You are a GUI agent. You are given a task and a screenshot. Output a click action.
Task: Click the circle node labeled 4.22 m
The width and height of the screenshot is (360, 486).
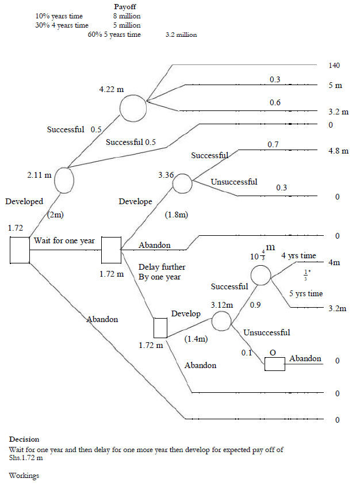[133, 108]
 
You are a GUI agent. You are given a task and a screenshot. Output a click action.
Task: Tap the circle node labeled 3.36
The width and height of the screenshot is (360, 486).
[182, 183]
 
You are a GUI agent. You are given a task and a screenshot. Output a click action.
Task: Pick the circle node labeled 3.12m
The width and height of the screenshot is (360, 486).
[221, 321]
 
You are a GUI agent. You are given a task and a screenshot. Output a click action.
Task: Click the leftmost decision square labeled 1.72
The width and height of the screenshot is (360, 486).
[20, 250]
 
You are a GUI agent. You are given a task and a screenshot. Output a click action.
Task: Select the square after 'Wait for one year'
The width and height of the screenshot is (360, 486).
[111, 250]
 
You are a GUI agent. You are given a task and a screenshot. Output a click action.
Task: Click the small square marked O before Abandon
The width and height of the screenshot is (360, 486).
[274, 363]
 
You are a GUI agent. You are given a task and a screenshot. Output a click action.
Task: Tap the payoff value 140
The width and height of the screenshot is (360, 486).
[334, 66]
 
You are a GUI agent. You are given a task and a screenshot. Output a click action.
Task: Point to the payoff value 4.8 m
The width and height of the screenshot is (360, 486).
[338, 151]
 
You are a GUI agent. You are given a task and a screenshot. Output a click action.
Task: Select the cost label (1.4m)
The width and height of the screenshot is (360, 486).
[196, 339]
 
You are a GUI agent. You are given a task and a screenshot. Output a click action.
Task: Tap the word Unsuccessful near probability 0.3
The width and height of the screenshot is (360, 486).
[233, 182]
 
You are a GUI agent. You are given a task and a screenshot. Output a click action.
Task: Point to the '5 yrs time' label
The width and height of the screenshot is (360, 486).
[305, 293]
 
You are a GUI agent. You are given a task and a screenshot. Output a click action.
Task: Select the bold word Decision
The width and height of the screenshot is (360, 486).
[24, 439]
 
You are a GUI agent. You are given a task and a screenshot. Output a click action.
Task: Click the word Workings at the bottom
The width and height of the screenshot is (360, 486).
[24, 476]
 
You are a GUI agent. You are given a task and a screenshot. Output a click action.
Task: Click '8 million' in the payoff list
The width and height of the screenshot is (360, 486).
[127, 17]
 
